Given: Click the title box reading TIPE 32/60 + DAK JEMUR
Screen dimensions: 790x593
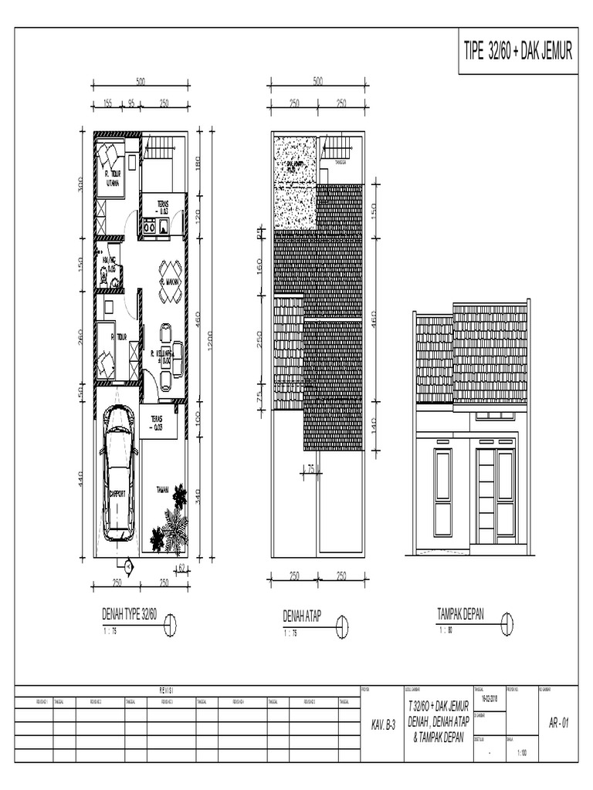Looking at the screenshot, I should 517,52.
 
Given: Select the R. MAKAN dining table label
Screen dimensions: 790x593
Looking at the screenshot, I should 169,283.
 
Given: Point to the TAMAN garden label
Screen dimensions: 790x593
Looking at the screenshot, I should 163,489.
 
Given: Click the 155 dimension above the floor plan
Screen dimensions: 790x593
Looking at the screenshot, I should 107,103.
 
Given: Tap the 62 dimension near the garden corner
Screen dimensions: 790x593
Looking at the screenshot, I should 182,569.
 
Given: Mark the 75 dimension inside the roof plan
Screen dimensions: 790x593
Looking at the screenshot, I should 310,468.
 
